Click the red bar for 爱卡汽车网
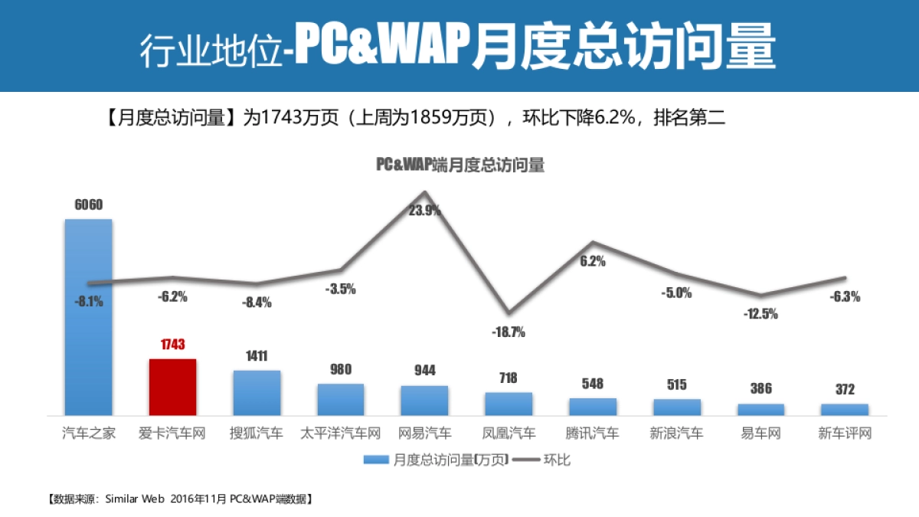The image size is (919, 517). (x=172, y=387)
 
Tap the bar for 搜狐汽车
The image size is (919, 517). (x=257, y=393)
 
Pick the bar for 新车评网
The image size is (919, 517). (x=845, y=409)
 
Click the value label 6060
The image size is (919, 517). (x=89, y=205)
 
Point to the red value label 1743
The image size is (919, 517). (x=173, y=345)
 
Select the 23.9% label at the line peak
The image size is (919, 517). (x=424, y=211)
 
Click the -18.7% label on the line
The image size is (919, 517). (x=509, y=332)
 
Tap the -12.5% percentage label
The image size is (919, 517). (x=760, y=313)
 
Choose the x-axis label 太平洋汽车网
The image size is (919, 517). (x=341, y=434)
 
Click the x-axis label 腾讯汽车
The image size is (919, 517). (x=593, y=434)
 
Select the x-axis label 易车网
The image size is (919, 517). (x=760, y=434)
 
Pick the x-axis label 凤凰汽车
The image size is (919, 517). (x=509, y=434)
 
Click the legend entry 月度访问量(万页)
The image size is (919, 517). (x=433, y=460)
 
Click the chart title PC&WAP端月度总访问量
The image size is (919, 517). (x=459, y=165)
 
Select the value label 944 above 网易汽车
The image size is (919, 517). (x=424, y=371)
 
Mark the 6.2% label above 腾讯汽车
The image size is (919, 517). (x=593, y=260)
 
